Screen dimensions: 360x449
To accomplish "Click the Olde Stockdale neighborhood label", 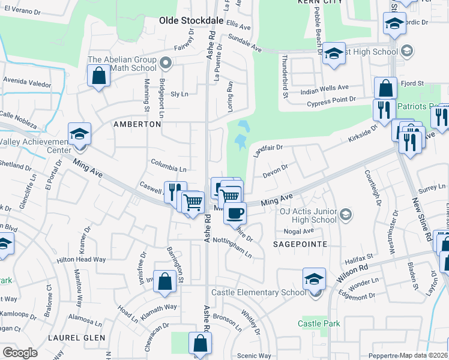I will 191,20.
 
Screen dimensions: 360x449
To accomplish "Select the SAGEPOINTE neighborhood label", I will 300,244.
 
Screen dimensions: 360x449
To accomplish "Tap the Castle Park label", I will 319,323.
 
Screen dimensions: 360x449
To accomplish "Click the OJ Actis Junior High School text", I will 308,215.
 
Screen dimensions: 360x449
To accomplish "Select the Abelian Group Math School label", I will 122,64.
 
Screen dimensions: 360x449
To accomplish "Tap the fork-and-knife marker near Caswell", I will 175,191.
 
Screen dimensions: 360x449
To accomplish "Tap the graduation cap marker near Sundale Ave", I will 334,54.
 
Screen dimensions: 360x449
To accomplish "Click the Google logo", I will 20,353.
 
